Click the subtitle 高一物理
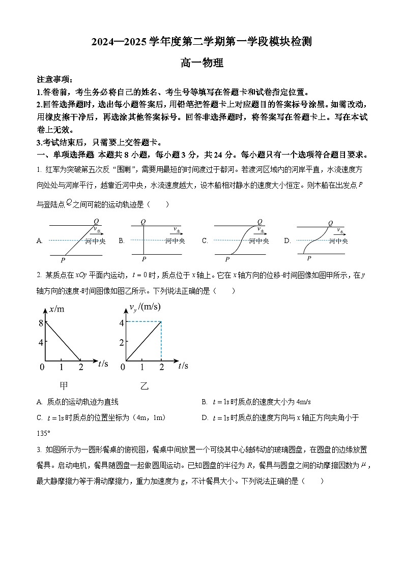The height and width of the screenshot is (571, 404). tap(201, 64)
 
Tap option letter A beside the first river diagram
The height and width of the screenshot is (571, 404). tap(39, 241)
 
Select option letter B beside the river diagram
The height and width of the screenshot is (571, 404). tap(122, 241)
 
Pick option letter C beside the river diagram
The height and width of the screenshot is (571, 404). tap(205, 241)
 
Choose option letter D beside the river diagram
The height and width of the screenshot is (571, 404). tap(287, 241)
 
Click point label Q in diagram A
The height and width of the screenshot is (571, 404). tap(96, 221)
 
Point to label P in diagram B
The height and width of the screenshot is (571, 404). tap(143, 259)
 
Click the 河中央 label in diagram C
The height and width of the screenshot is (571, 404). tap(259, 241)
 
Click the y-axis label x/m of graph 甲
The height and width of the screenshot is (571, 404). tap(56, 309)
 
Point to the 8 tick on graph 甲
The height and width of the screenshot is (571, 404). tap(41, 322)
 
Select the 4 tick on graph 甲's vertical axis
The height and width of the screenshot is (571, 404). tap(41, 342)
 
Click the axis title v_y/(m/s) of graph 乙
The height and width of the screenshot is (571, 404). tap(145, 307)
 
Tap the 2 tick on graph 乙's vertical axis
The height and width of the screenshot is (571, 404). tap(122, 342)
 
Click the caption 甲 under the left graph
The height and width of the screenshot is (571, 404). tap(64, 386)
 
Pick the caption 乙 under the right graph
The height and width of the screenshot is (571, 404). tap(145, 386)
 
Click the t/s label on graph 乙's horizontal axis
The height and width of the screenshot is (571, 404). tap(183, 365)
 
